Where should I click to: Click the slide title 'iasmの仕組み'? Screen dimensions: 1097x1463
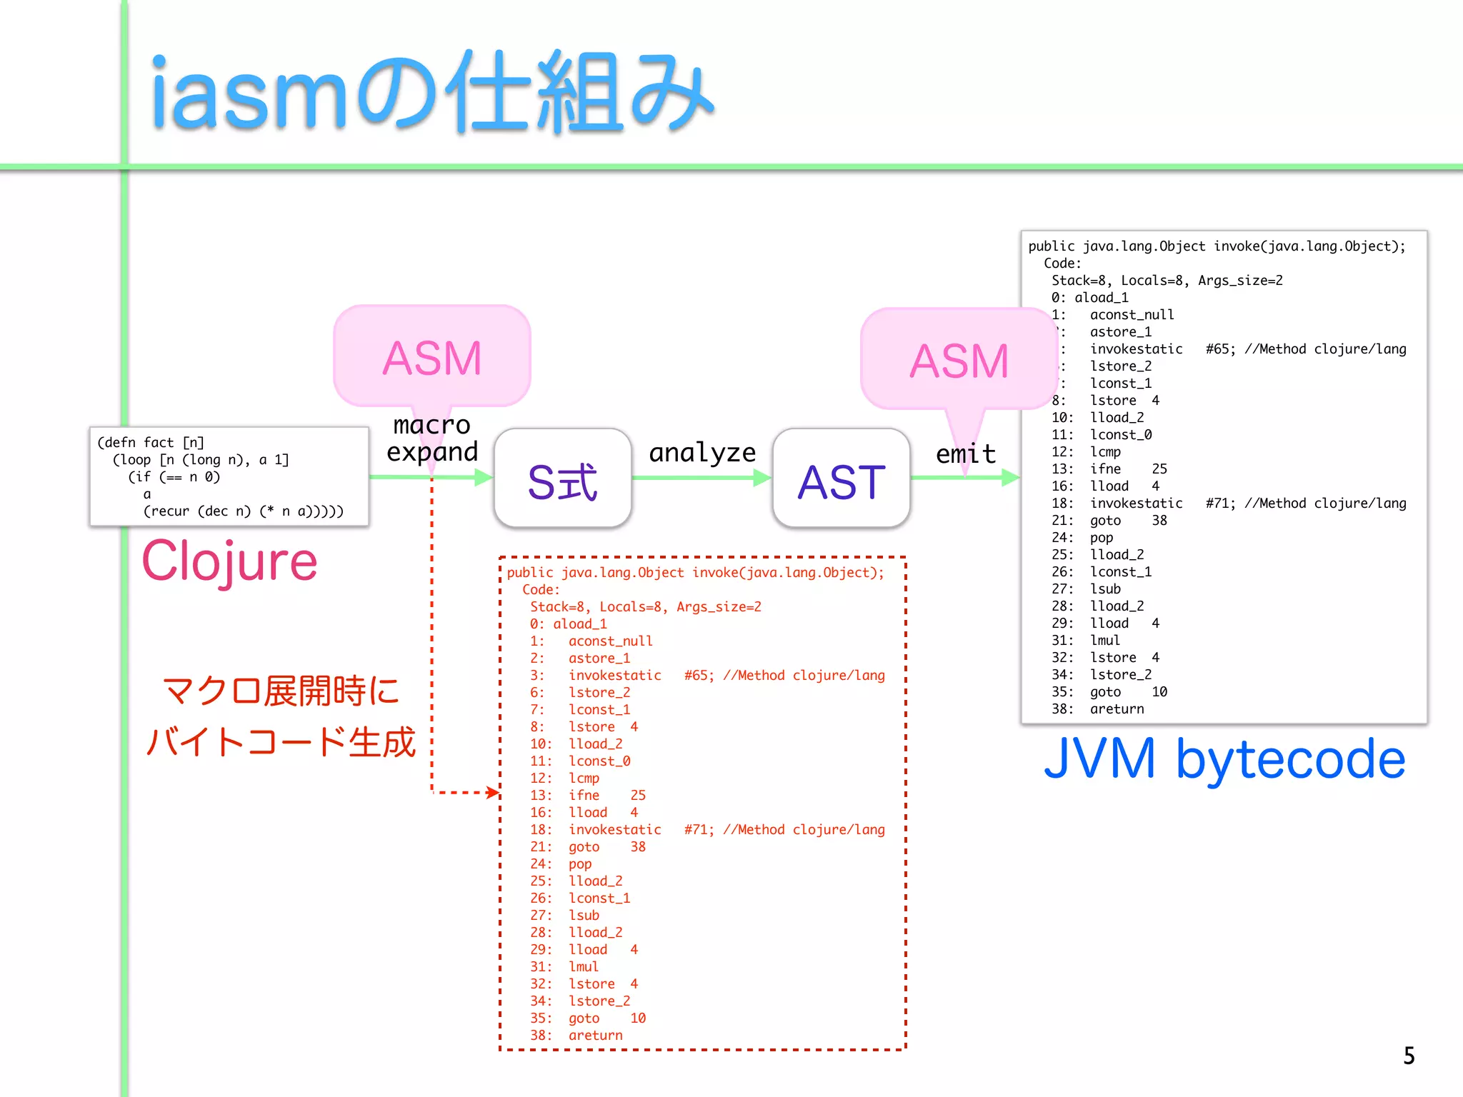point(431,93)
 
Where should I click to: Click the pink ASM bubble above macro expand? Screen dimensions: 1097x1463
point(431,357)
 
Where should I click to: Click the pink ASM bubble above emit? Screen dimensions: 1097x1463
point(958,360)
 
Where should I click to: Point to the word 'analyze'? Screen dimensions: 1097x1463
point(701,452)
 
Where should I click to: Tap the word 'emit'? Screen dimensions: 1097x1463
point(966,454)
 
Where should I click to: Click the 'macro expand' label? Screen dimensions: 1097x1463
point(431,439)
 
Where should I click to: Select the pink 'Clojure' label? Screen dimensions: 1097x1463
point(229,561)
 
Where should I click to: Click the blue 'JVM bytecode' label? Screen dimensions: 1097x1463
point(1224,758)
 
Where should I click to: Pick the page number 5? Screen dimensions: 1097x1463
point(1409,1056)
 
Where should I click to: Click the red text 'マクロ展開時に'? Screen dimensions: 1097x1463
point(281,691)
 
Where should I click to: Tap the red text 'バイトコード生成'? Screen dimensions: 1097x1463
point(280,742)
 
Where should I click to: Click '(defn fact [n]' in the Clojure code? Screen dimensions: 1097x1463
point(151,443)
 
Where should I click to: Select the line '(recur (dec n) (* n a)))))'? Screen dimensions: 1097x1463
point(243,511)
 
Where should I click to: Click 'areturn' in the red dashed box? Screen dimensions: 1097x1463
point(595,1036)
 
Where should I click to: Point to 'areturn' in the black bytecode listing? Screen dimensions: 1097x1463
point(1117,709)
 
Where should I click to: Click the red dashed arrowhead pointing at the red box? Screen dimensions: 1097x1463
point(493,792)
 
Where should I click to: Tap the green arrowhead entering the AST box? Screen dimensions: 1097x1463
point(762,478)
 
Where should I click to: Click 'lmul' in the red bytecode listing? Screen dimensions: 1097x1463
point(583,967)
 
